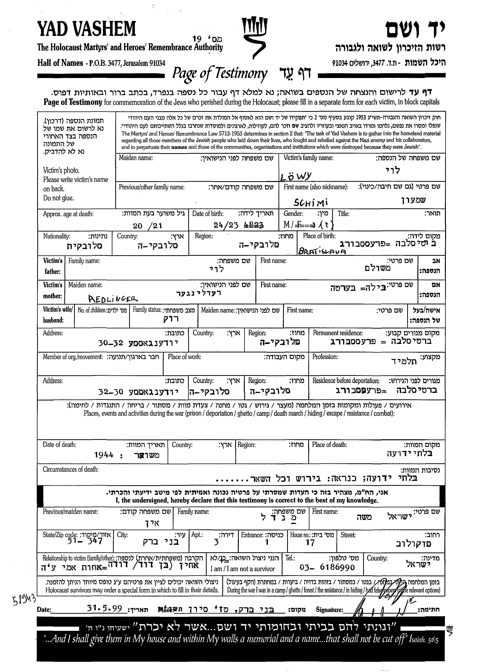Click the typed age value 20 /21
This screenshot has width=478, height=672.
147,226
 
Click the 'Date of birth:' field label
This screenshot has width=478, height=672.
208,214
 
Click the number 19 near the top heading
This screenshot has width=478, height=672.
197,38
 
